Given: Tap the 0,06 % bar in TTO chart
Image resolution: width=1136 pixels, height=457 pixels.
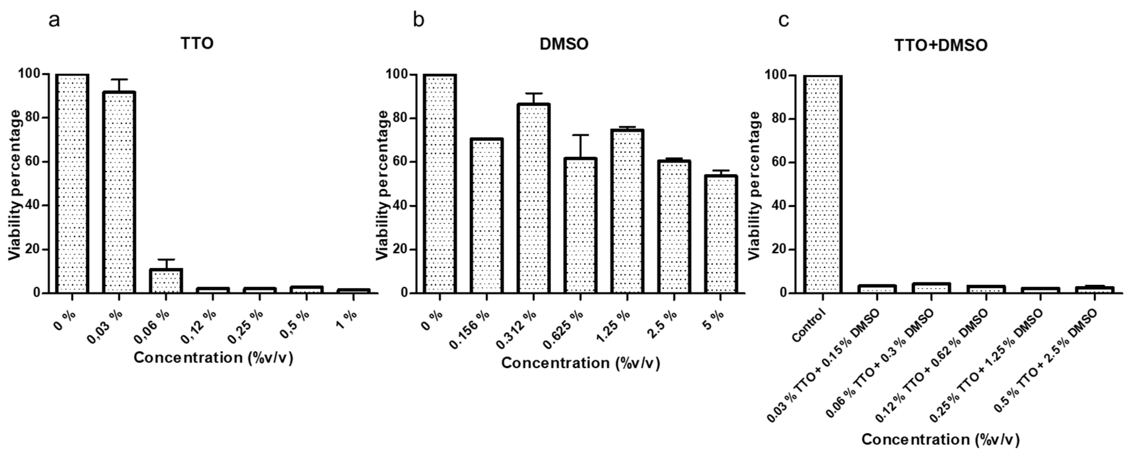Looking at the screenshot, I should [166, 281].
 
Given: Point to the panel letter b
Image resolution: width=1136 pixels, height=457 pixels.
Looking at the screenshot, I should [418, 20].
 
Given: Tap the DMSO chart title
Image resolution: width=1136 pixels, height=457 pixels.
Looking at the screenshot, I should [564, 44].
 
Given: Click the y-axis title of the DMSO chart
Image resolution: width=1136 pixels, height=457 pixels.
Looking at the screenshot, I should [383, 184].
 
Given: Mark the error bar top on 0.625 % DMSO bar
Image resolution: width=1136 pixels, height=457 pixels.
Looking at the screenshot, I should [580, 135].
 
